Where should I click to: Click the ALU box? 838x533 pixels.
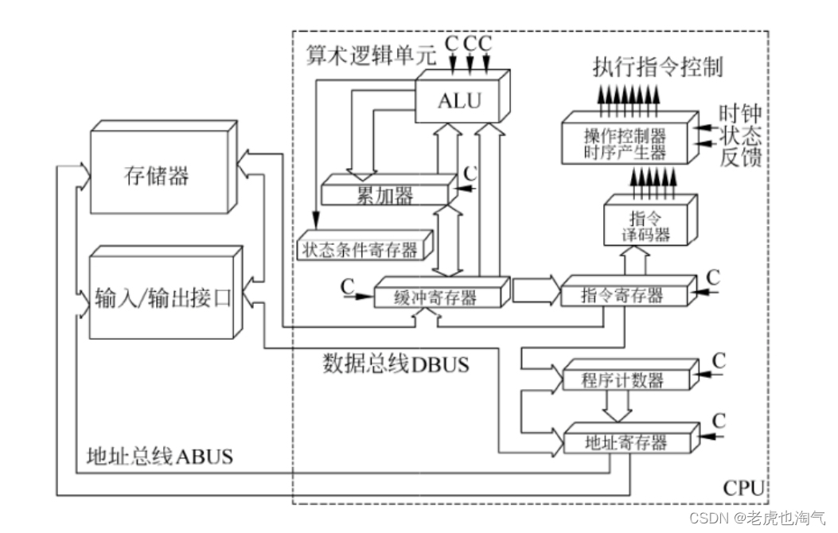click(457, 101)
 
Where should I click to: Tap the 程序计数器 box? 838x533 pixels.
click(623, 380)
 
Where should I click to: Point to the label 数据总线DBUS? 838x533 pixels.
click(396, 365)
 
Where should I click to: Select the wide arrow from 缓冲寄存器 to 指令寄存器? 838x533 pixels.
click(535, 290)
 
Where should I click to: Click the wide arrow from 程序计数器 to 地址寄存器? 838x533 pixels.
click(618, 407)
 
